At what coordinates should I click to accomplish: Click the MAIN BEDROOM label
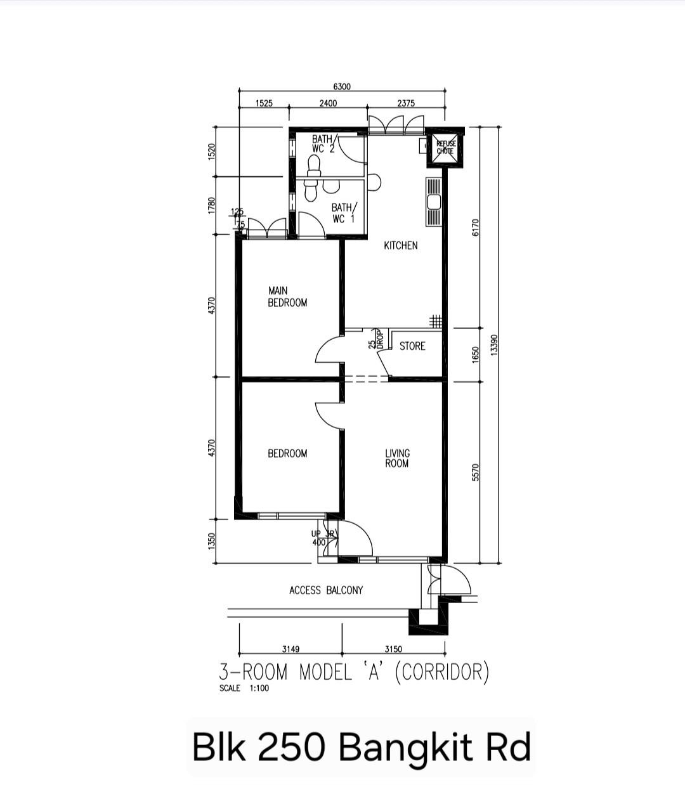point(287,297)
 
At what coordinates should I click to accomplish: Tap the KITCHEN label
point(400,245)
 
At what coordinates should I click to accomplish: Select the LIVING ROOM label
point(397,458)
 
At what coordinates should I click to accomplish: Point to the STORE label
point(412,346)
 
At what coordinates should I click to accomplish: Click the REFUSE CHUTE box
point(445,148)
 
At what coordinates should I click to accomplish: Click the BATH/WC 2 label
point(323,143)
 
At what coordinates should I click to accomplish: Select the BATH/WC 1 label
point(343,212)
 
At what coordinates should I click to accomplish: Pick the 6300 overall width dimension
point(341,87)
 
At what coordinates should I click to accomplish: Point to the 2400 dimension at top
point(328,103)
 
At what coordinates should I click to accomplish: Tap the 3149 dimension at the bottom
point(290,649)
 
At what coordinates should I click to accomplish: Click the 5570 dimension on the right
point(476,472)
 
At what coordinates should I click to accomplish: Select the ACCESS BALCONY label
point(326,590)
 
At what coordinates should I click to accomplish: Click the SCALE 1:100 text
point(244,689)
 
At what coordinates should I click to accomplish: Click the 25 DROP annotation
point(376,341)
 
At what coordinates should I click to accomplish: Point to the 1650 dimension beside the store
point(476,354)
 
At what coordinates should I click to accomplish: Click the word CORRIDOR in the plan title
point(441,671)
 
